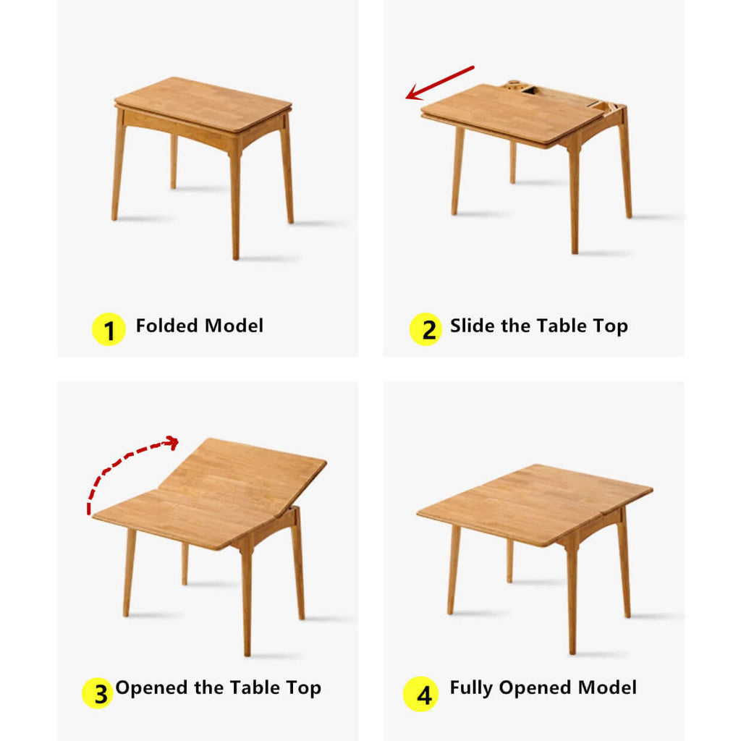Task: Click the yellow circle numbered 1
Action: click(x=109, y=330)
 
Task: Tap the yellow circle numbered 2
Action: click(x=425, y=330)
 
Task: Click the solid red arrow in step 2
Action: click(x=439, y=82)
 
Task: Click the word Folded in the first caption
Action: click(x=165, y=326)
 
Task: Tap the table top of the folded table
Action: click(x=203, y=103)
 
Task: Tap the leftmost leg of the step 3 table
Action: click(x=128, y=572)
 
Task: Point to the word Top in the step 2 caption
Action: click(x=611, y=326)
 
